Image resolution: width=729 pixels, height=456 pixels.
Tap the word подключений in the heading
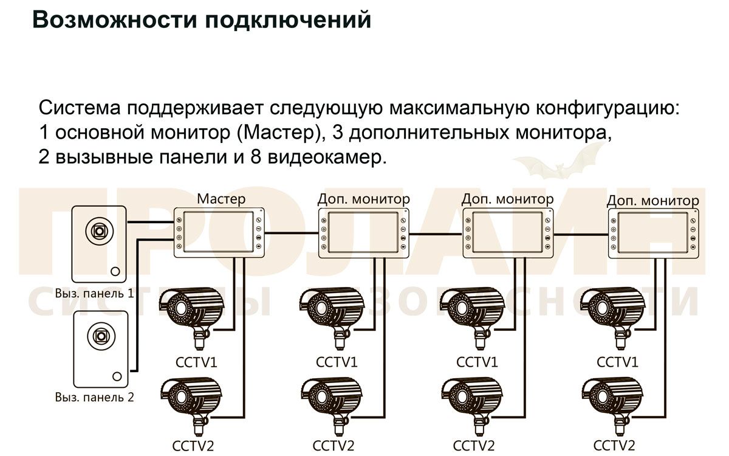pyautogui.click(x=287, y=20)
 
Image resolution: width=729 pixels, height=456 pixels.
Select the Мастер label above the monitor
pyautogui.click(x=221, y=199)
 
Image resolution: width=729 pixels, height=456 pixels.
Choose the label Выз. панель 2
pyautogui.click(x=94, y=398)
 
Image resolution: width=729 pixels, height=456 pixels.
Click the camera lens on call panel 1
pyautogui.click(x=98, y=230)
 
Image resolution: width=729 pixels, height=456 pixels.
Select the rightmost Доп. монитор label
pyautogui.click(x=652, y=200)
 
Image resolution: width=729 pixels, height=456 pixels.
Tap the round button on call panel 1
pyautogui.click(x=115, y=272)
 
